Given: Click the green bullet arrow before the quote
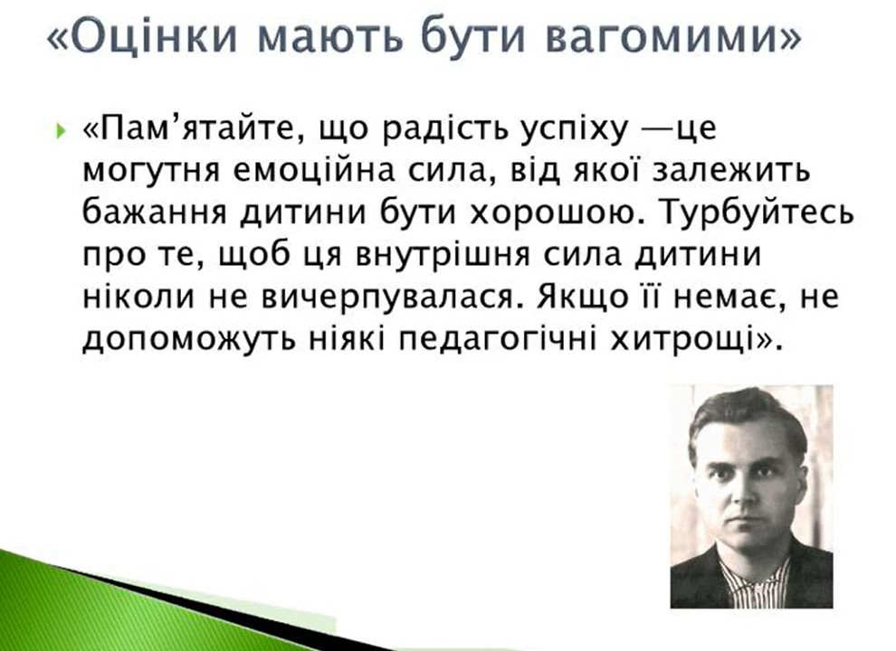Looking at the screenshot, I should (x=61, y=134).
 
